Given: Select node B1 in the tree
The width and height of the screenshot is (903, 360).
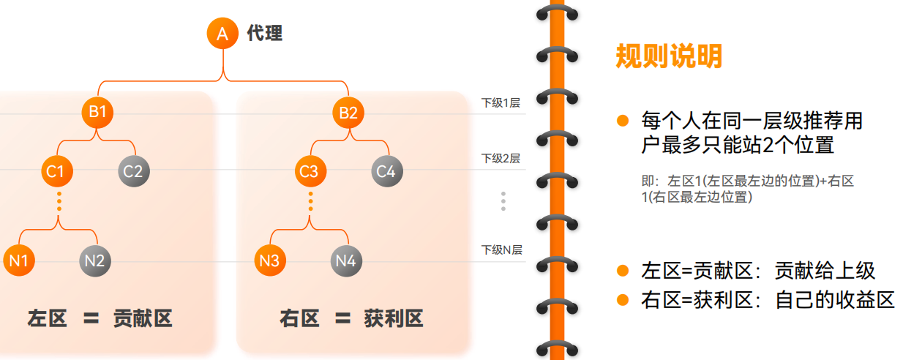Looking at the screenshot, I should pyautogui.click(x=98, y=113).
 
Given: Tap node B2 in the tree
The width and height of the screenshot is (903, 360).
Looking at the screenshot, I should pyautogui.click(x=348, y=113).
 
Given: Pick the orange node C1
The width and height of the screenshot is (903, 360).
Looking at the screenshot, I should pyautogui.click(x=56, y=171).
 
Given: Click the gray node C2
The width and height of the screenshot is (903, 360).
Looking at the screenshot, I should pyautogui.click(x=133, y=171).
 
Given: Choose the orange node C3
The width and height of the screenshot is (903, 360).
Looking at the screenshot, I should pyautogui.click(x=309, y=171).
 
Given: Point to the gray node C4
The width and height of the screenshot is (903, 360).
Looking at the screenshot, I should pyautogui.click(x=386, y=171).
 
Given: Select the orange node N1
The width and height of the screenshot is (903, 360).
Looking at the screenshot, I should pyautogui.click(x=19, y=261).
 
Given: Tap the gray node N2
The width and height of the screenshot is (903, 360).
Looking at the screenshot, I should pyautogui.click(x=95, y=261).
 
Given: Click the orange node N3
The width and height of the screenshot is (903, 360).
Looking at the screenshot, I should pyautogui.click(x=270, y=261).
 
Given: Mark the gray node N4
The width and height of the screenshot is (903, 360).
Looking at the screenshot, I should pyautogui.click(x=346, y=261).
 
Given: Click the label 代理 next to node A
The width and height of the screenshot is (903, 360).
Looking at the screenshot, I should pyautogui.click(x=264, y=33).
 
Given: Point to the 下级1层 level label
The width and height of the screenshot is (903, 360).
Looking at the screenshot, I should pyautogui.click(x=501, y=102).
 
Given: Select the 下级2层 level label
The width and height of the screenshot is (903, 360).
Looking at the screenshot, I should pyautogui.click(x=501, y=158).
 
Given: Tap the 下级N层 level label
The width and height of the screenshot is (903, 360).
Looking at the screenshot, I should pyautogui.click(x=501, y=250).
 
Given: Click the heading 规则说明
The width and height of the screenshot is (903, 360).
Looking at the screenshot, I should pyautogui.click(x=669, y=56).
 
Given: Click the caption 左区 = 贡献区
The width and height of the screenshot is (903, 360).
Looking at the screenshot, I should pyautogui.click(x=100, y=318).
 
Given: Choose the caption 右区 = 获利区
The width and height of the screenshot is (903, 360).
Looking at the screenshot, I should pyautogui.click(x=351, y=318).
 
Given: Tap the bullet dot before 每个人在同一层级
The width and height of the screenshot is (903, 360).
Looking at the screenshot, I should pyautogui.click(x=623, y=120).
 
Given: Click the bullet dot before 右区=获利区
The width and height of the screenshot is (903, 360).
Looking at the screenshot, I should pyautogui.click(x=623, y=299).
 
